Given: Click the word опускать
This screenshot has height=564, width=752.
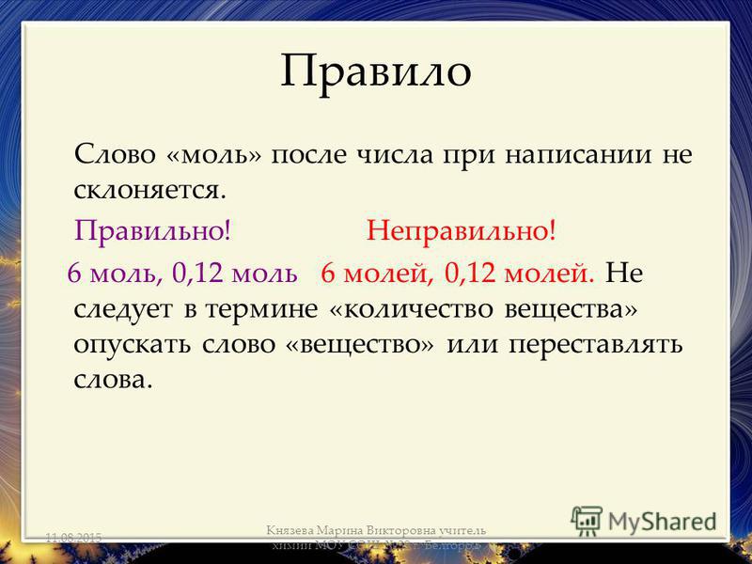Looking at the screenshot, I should pyautogui.click(x=133, y=344).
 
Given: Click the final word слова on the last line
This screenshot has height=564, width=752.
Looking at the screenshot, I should pyautogui.click(x=110, y=379).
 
